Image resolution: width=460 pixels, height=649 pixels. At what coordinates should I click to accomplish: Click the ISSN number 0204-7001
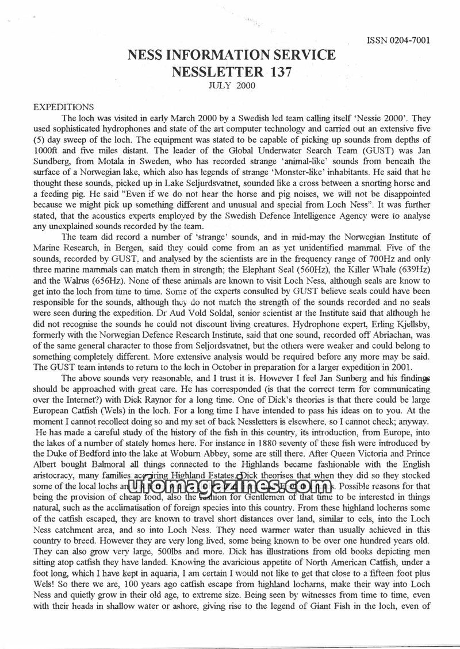coord(398,41)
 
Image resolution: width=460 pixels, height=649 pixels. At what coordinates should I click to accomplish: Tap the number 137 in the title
coord(271,72)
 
